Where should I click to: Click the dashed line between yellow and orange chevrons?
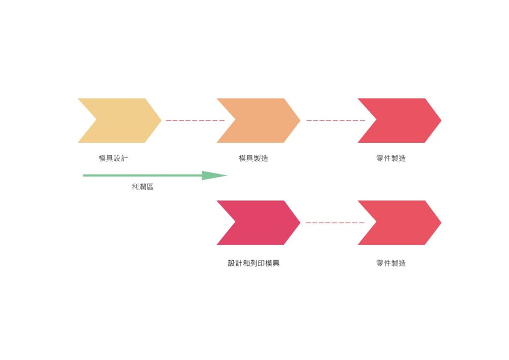click(x=195, y=120)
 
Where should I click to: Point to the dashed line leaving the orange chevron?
click(x=336, y=120)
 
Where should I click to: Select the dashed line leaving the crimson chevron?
click(x=336, y=223)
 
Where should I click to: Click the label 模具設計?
click(x=113, y=159)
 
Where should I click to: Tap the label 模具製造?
click(x=254, y=159)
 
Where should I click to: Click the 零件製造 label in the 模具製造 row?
click(x=391, y=159)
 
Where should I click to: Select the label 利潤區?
click(x=143, y=186)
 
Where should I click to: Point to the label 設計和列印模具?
click(x=254, y=263)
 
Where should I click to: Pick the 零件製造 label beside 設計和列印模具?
click(x=391, y=263)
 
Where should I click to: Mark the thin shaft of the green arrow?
click(x=143, y=176)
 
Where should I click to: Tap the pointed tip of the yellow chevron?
click(x=162, y=120)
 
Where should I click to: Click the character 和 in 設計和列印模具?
click(x=246, y=263)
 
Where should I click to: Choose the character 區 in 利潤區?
click(x=150, y=186)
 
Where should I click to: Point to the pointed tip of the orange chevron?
click(x=300, y=120)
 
